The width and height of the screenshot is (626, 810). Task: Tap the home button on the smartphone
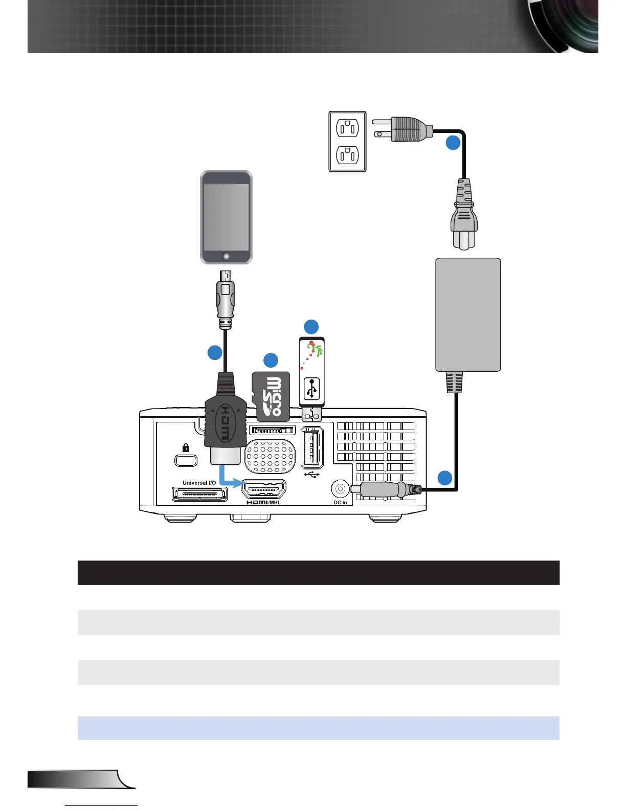click(x=226, y=255)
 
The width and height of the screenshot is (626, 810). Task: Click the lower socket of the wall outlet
click(x=347, y=154)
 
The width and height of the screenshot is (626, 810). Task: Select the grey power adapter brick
click(x=468, y=314)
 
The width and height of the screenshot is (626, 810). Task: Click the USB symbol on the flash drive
click(x=312, y=388)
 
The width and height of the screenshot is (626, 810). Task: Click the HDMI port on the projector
click(x=263, y=490)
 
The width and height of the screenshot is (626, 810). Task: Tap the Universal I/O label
click(x=199, y=483)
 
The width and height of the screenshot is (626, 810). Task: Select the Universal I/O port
click(x=200, y=494)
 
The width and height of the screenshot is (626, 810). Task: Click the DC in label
click(x=340, y=503)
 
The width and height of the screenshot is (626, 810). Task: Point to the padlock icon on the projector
click(x=186, y=448)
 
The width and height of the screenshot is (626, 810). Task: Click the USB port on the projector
click(x=312, y=447)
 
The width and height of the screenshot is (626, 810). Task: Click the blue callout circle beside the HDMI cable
click(x=215, y=352)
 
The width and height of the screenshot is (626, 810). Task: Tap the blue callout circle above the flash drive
click(x=311, y=327)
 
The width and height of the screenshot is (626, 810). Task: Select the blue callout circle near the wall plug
click(x=453, y=143)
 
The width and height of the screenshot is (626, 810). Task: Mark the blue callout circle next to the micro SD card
click(x=271, y=360)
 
